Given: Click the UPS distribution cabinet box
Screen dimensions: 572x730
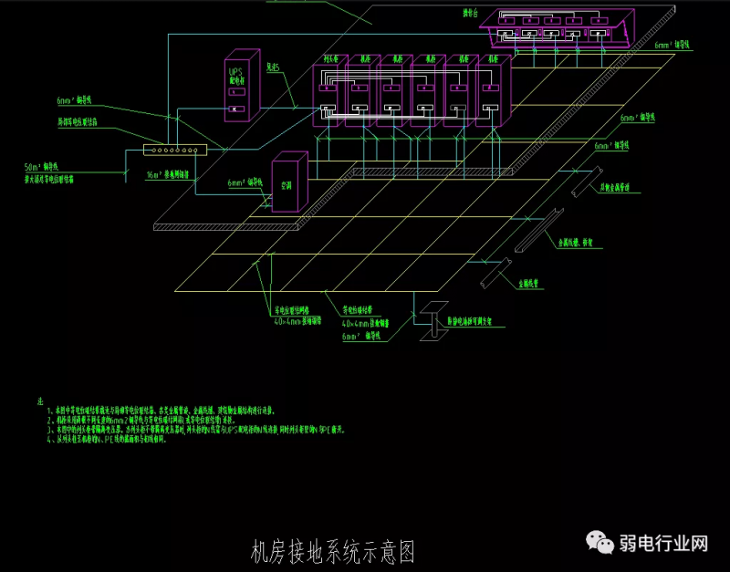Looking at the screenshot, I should tap(238, 88).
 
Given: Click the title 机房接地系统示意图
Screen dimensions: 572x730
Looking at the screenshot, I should tap(332, 551).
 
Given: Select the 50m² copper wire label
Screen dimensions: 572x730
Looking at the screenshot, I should tap(42, 168).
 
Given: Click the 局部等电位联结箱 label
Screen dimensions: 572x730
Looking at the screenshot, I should tap(83, 120).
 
